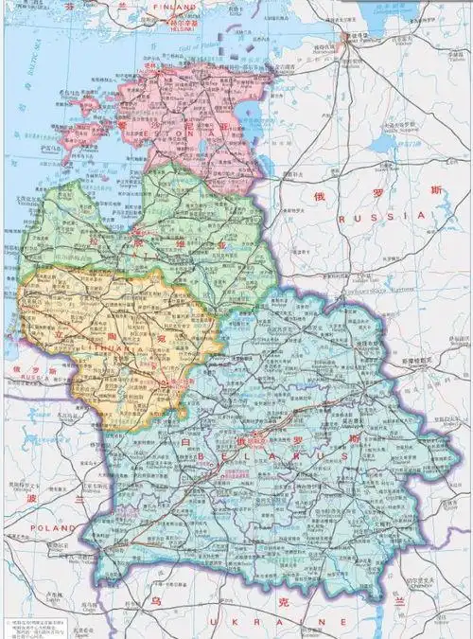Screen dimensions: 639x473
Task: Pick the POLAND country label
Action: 45,526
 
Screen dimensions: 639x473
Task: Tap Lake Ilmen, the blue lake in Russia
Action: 382,142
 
